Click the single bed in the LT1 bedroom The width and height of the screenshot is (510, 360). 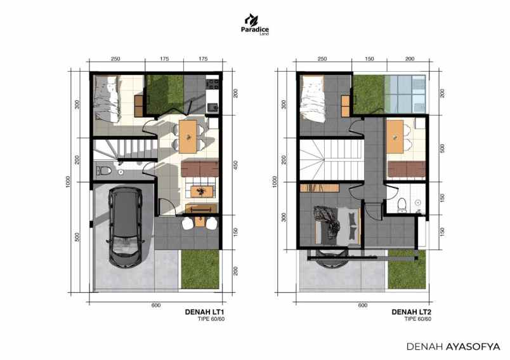104,99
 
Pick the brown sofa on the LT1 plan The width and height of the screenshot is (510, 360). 200,169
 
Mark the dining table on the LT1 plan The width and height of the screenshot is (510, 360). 188,135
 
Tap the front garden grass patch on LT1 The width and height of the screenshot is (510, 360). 200,269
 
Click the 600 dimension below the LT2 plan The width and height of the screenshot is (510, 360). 363,305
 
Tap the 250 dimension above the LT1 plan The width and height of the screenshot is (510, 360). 116,59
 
